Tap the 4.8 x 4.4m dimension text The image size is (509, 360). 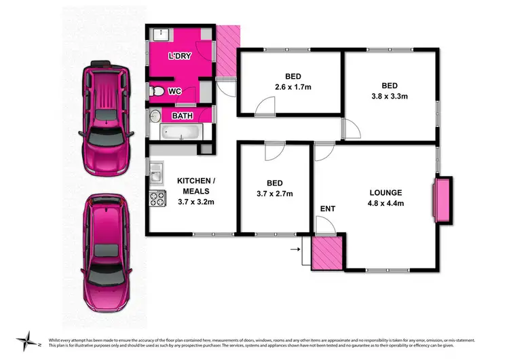click(x=386, y=203)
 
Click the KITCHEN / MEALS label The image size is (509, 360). click(x=197, y=185)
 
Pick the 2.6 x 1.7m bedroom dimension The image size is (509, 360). click(x=293, y=88)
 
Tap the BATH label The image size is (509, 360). click(x=182, y=116)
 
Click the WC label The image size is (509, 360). click(x=174, y=91)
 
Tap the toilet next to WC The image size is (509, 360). click(x=155, y=92)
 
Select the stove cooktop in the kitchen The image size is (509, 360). click(x=157, y=198)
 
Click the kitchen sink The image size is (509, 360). click(x=156, y=174)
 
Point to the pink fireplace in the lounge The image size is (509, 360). click(x=441, y=200)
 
